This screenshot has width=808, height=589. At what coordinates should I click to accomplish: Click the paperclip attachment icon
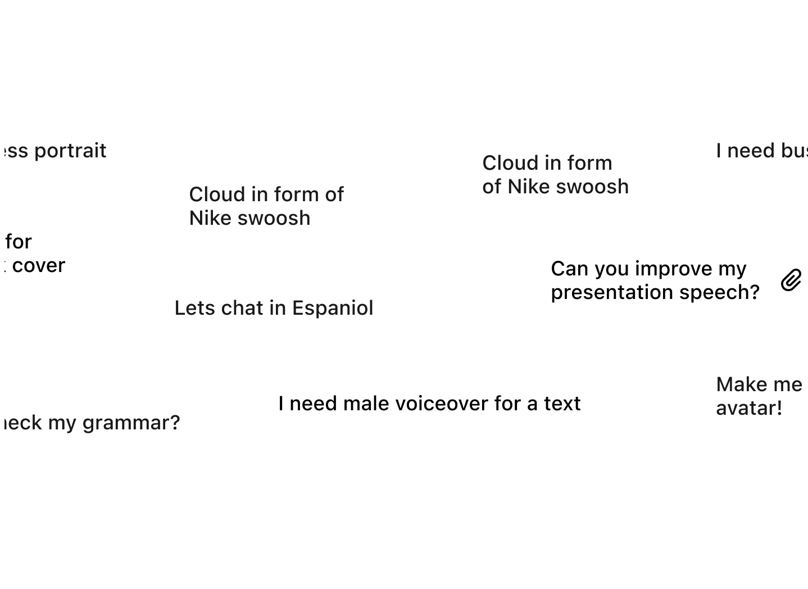791,280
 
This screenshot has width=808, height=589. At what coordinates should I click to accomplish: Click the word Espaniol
333,308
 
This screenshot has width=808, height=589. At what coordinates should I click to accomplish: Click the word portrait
70,151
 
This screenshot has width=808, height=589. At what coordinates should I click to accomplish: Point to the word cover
39,265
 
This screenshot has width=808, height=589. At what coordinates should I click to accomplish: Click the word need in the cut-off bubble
752,151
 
